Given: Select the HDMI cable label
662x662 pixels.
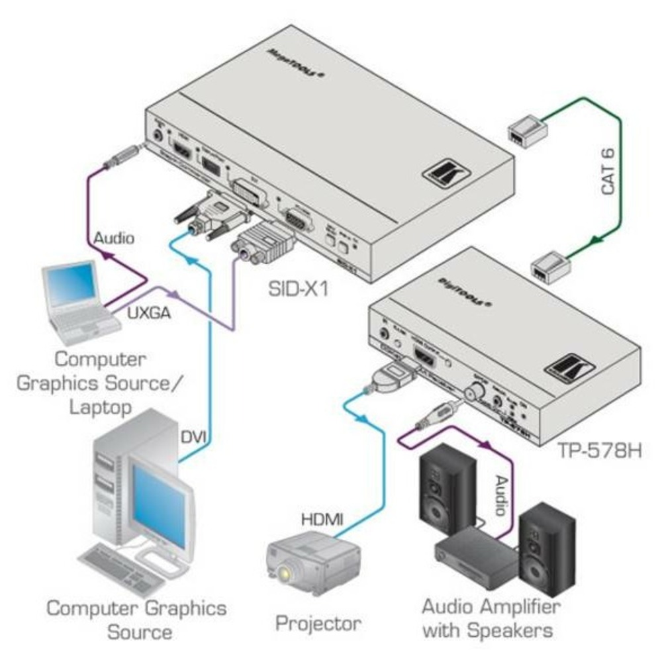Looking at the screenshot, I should pos(322,521).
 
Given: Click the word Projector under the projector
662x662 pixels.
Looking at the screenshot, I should pos(318,622).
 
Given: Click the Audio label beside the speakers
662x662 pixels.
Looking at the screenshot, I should pos(502,495).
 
